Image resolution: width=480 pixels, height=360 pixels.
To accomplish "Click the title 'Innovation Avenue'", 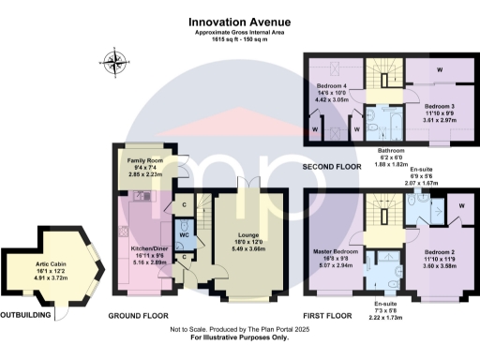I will pos(240,18).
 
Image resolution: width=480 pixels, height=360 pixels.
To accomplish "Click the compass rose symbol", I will pos(117,64).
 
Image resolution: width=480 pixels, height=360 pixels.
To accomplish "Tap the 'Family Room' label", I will pos(144,160).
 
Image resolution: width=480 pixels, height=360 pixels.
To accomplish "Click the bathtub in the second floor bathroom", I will pos(391,123).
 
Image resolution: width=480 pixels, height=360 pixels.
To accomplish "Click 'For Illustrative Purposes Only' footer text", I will pos(240,337).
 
